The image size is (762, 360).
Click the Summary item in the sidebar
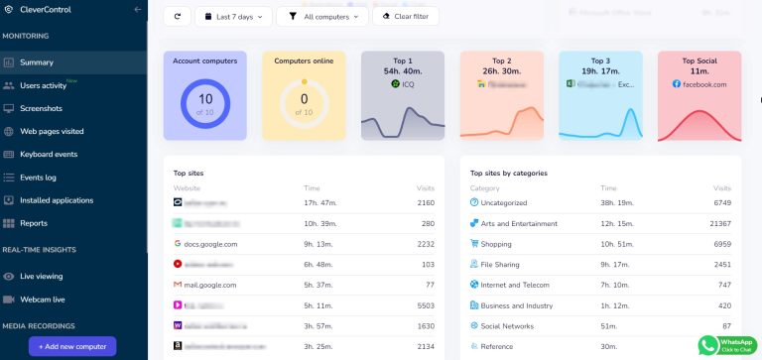pyautogui.click(x=37, y=62)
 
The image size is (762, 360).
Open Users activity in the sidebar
pyautogui.click(x=43, y=85)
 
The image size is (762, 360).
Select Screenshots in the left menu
pyautogui.click(x=41, y=108)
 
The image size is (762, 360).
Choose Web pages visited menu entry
pyautogui.click(x=52, y=131)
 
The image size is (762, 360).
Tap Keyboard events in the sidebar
pyautogui.click(x=49, y=154)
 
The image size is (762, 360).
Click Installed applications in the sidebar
pyautogui.click(x=58, y=200)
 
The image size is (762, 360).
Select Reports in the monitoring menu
pyautogui.click(x=34, y=223)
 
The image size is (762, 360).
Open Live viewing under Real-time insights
pyautogui.click(x=42, y=276)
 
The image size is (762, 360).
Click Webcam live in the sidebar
pyautogui.click(x=44, y=299)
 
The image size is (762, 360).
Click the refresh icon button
pyautogui.click(x=178, y=17)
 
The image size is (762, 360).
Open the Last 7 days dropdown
pyautogui.click(x=233, y=17)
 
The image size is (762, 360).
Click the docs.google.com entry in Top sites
pyautogui.click(x=210, y=243)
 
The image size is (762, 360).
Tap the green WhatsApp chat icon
pyautogui.click(x=709, y=344)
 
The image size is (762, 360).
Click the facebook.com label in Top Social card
pyautogui.click(x=704, y=84)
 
